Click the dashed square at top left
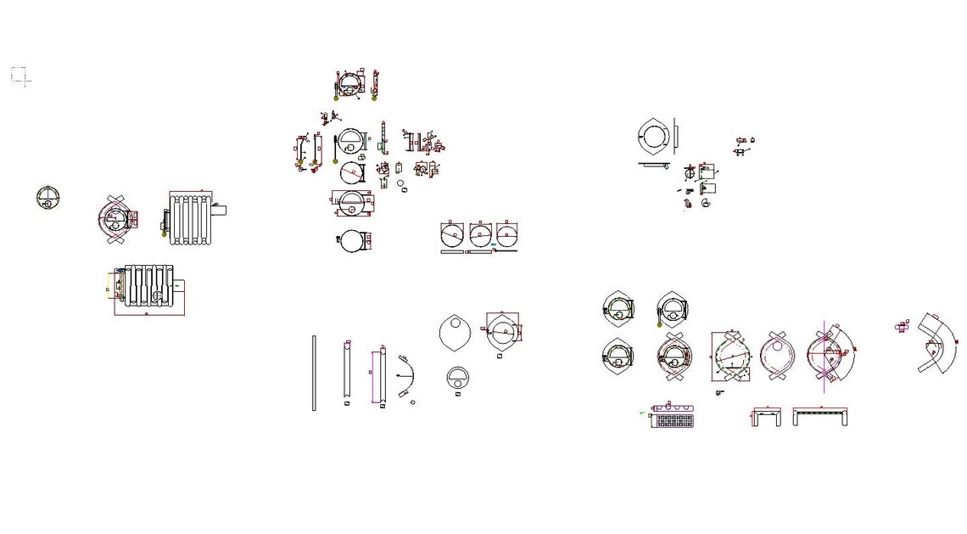(x=19, y=75)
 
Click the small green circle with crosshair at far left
(x=48, y=197)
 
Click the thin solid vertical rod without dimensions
(x=314, y=373)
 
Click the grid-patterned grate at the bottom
(x=674, y=419)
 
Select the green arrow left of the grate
(x=642, y=413)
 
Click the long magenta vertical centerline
(x=824, y=357)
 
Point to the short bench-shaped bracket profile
(x=767, y=416)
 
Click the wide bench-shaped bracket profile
(x=820, y=415)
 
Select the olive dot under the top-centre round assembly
(x=336, y=98)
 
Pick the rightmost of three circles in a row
(x=507, y=234)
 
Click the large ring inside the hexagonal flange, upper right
(x=655, y=136)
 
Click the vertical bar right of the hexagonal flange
(x=675, y=136)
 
